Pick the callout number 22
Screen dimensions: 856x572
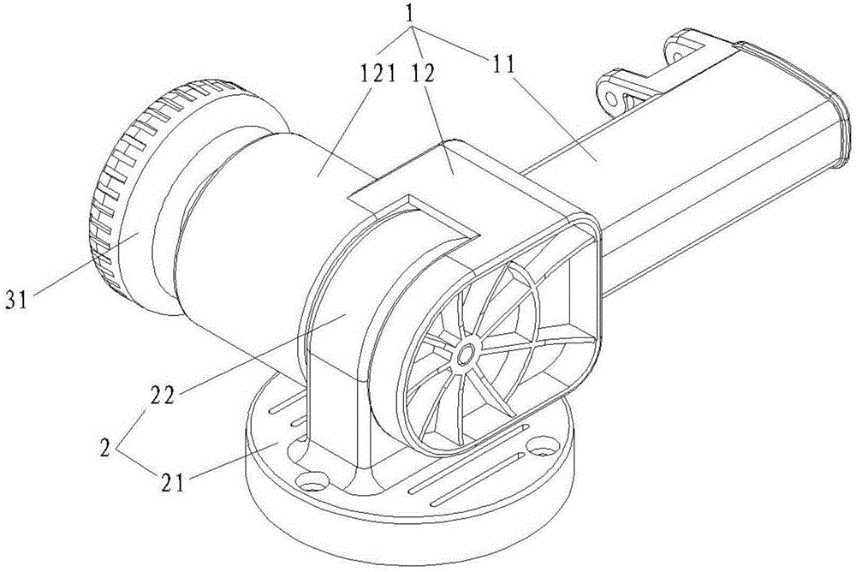[161, 395]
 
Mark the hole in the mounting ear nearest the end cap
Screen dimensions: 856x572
[677, 56]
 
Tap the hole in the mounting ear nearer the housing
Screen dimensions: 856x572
[612, 98]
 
